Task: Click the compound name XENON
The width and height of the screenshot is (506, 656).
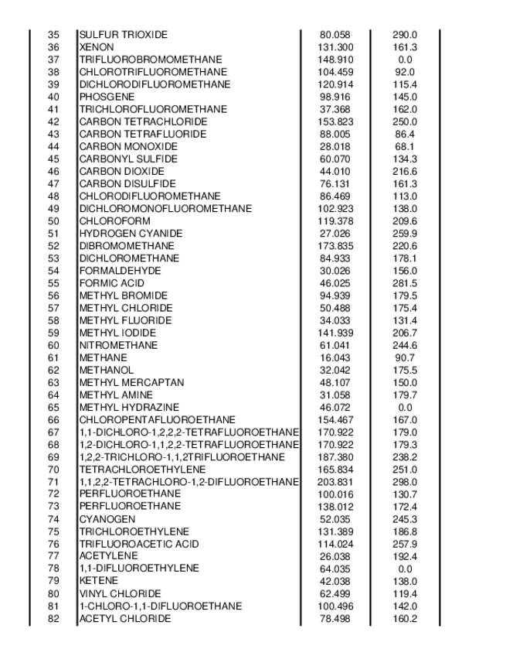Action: point(97,47)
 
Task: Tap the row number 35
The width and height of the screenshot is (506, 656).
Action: point(53,35)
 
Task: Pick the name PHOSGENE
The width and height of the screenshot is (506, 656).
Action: point(107,97)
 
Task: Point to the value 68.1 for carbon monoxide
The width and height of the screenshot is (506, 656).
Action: point(405,146)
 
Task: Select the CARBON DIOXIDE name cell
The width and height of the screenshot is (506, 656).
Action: point(121,171)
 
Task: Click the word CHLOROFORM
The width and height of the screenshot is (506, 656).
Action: point(114,220)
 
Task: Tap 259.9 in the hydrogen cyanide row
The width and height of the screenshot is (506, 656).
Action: point(405,233)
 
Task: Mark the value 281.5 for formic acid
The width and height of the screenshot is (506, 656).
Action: point(405,283)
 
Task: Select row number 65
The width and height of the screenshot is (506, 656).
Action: point(53,407)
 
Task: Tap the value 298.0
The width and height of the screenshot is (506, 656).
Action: point(405,481)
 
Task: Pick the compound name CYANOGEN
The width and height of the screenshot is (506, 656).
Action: point(107,519)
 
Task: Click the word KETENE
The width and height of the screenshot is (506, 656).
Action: point(99,581)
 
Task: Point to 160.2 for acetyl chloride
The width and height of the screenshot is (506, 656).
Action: point(405,618)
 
